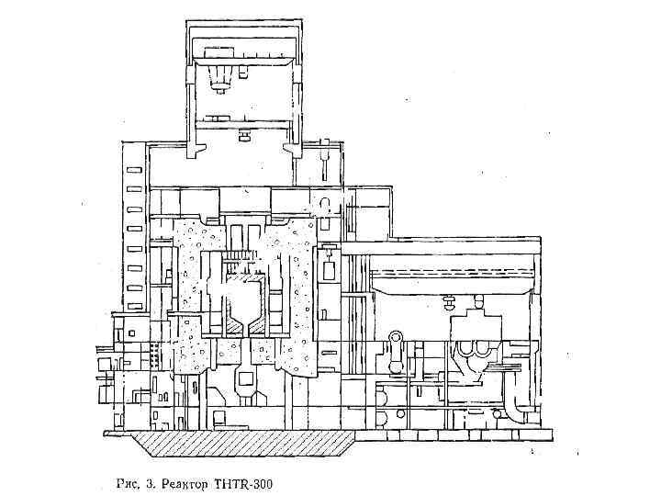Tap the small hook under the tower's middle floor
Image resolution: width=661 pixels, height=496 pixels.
point(244,136)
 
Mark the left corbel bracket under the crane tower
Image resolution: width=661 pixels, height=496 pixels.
point(197,147)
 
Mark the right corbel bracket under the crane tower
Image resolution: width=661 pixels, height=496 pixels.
point(291,147)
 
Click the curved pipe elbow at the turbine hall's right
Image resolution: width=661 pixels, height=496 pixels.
point(521,404)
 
